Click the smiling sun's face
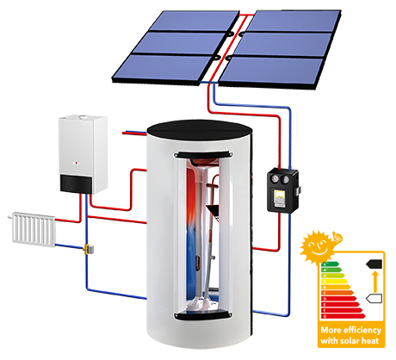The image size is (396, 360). (316, 248)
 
